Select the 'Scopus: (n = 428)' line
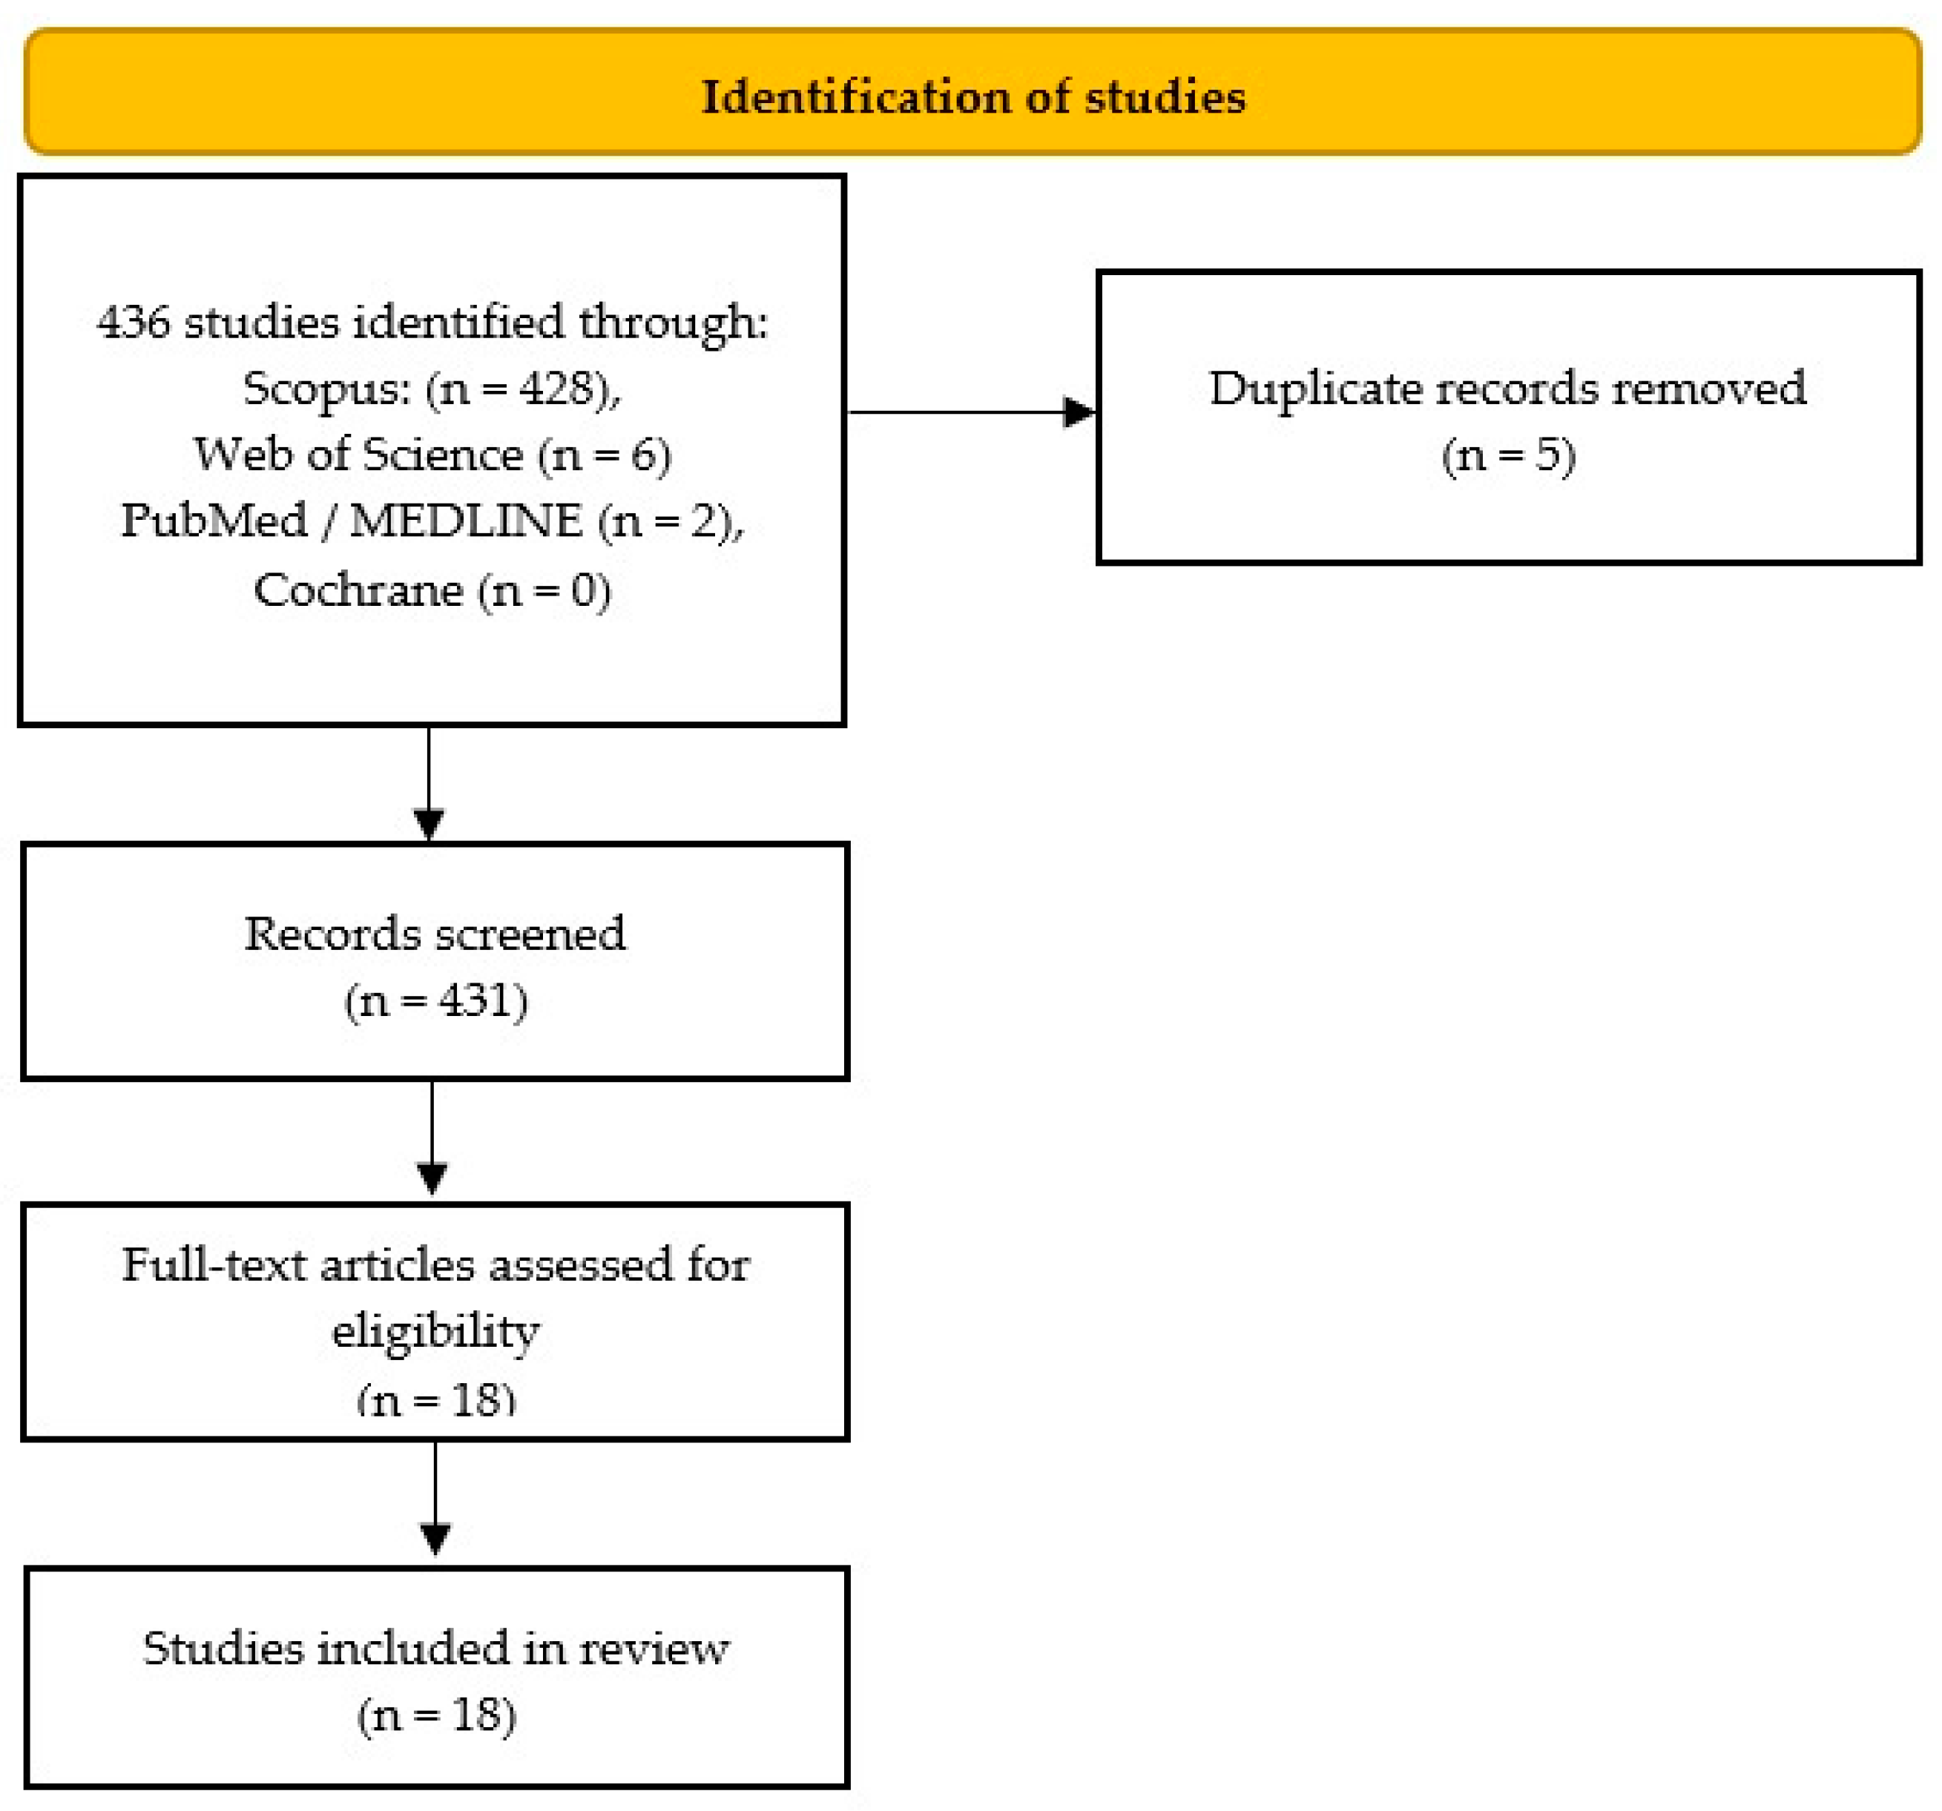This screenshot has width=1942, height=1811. pos(432,389)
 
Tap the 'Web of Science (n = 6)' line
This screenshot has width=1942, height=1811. pos(432,455)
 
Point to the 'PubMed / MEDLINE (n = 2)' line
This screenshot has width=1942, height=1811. pos(432,521)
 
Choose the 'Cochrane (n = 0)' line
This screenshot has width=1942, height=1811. pos(432,590)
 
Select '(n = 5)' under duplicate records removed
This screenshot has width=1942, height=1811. pos(1507,455)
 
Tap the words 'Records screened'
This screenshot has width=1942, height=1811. pos(435,934)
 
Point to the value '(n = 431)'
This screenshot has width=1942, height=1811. pos(435,1000)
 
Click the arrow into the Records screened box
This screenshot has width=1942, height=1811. pos(429,822)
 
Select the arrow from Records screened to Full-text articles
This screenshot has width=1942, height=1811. pos(432,1176)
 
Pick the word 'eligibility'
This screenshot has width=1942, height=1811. pos(435,1330)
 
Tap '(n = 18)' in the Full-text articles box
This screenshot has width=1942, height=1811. pos(435,1399)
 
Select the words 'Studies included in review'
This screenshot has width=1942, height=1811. pos(435,1649)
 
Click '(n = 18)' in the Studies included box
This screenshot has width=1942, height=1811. pos(435,1715)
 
